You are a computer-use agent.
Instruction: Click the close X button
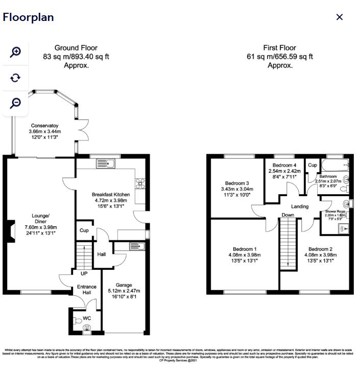[340, 17]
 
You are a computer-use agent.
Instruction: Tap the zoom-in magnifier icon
[16, 52]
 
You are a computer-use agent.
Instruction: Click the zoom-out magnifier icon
[16, 103]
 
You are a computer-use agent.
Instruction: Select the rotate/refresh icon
[16, 78]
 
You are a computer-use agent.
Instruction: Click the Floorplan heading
[28, 17]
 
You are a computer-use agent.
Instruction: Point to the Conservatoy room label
[44, 126]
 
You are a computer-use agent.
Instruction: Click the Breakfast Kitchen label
[111, 195]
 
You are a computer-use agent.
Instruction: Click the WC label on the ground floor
[87, 318]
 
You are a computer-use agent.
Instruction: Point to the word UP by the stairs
[84, 274]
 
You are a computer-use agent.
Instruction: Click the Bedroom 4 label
[284, 166]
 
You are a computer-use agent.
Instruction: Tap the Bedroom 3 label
[237, 183]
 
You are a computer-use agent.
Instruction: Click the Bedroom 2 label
[320, 249]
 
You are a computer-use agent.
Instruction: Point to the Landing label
[300, 206]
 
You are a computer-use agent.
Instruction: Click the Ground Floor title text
[76, 48]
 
